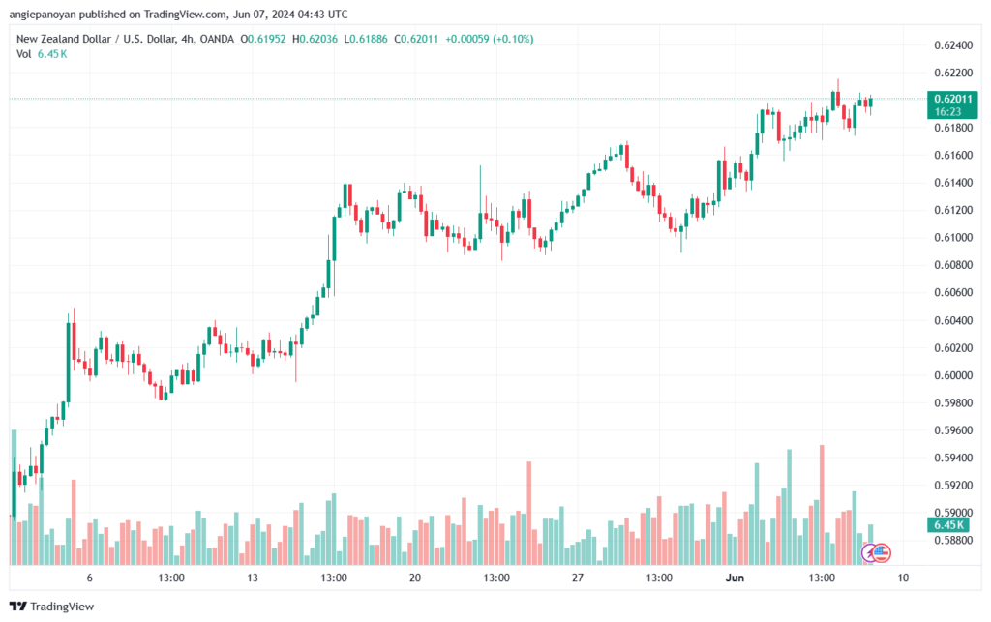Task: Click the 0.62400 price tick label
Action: [x=953, y=45]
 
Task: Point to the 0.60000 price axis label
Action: [x=953, y=375]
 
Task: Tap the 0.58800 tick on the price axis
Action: [x=953, y=540]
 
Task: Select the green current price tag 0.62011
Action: [x=952, y=104]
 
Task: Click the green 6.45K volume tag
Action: [x=948, y=524]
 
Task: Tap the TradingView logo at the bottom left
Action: [x=52, y=607]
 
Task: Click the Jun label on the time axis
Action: [x=735, y=578]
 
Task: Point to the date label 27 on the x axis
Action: [x=577, y=578]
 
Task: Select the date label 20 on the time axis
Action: [x=414, y=578]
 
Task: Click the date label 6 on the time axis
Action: [x=90, y=578]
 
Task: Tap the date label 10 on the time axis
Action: [x=903, y=578]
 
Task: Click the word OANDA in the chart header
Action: [x=217, y=39]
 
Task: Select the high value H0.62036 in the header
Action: [x=315, y=39]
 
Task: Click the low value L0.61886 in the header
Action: [x=366, y=39]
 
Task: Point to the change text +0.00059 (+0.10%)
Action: [x=489, y=39]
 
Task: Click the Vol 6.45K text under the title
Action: [x=42, y=54]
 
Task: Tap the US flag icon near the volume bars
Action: [x=881, y=553]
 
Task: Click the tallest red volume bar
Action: [x=822, y=505]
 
